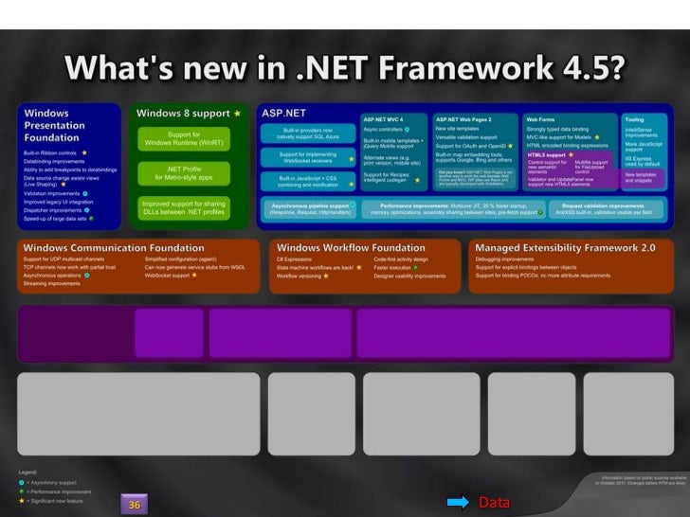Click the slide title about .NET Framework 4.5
point(344,69)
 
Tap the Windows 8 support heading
point(184,114)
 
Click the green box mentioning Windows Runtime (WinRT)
point(185,139)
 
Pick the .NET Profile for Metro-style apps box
point(185,172)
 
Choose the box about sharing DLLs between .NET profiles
point(185,207)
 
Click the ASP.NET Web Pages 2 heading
point(464,119)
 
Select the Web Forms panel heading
point(540,119)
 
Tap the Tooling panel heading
point(633,119)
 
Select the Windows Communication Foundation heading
point(114,248)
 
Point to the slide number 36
point(135,505)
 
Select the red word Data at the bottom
point(493,502)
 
